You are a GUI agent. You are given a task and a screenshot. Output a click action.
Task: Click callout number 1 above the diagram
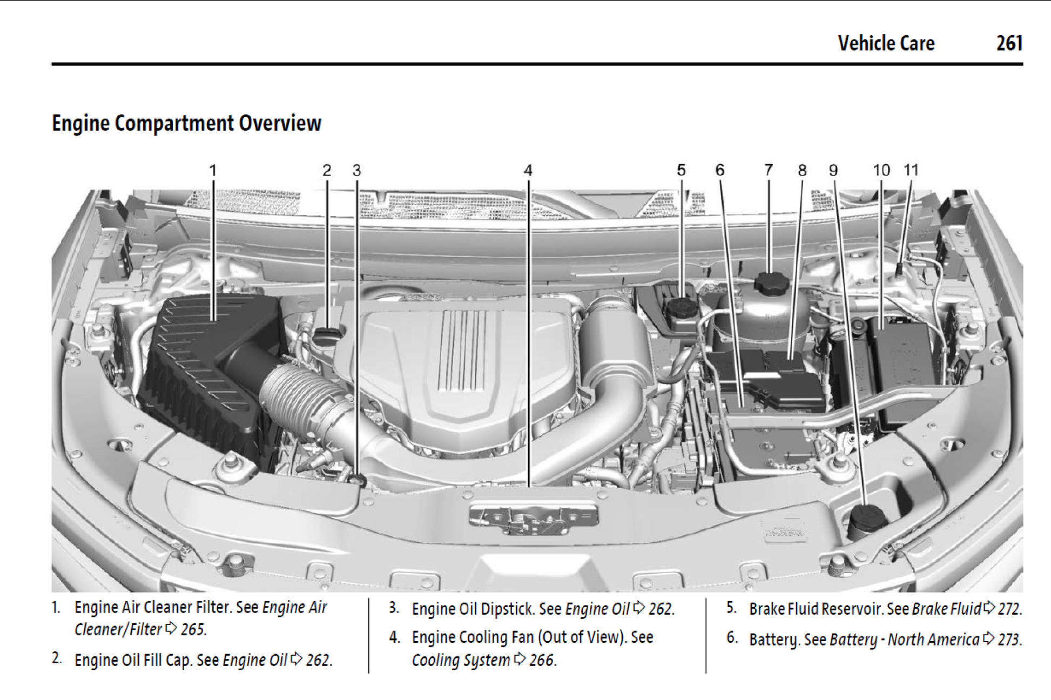tap(213, 171)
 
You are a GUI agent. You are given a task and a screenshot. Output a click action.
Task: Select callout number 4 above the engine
tap(528, 171)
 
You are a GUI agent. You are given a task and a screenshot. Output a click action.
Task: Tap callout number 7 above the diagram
tap(768, 170)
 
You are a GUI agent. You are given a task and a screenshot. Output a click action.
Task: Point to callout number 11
tap(911, 170)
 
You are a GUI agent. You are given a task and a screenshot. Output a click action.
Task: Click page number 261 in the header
tap(1009, 43)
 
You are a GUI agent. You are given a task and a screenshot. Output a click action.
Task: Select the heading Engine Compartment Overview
tap(186, 123)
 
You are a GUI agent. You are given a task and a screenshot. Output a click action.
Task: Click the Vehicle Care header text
tap(886, 43)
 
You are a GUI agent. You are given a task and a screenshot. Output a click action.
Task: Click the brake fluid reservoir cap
tap(682, 308)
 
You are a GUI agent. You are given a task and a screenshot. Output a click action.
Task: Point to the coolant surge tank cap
tap(772, 282)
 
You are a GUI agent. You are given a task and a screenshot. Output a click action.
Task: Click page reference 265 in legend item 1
tap(193, 630)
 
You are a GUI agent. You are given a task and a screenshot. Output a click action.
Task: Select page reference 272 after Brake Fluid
tap(1009, 609)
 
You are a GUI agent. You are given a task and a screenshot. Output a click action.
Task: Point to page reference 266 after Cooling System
tap(542, 660)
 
